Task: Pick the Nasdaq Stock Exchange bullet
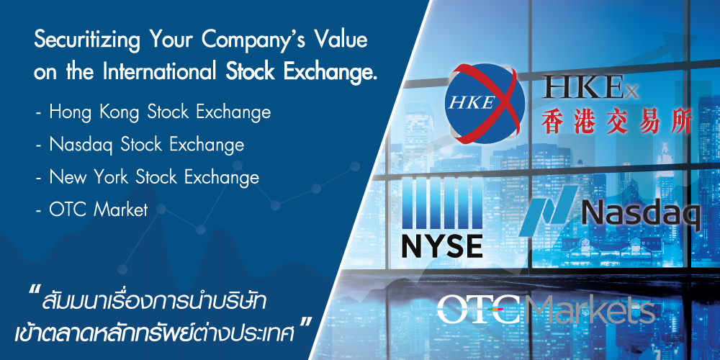[x=140, y=145]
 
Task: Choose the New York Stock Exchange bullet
[x=147, y=177]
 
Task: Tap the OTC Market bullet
[x=92, y=210]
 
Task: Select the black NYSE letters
[x=442, y=246]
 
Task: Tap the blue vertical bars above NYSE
[x=442, y=203]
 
